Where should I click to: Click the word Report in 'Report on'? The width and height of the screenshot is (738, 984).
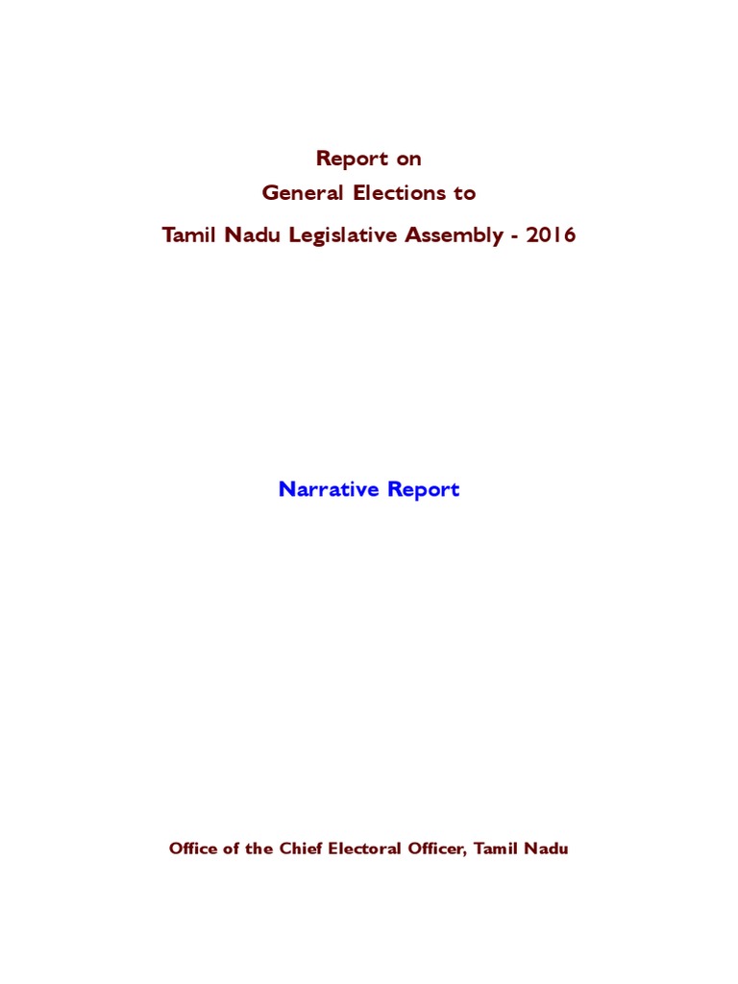(353, 159)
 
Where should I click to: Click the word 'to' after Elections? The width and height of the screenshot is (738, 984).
(465, 192)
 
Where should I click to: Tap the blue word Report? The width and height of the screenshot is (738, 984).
(424, 490)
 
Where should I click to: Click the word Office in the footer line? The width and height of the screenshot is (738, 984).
(191, 849)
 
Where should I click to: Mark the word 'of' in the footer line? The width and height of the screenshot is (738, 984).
(228, 849)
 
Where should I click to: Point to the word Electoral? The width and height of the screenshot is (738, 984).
(363, 849)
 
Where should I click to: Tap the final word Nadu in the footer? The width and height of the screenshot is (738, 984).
(548, 849)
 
